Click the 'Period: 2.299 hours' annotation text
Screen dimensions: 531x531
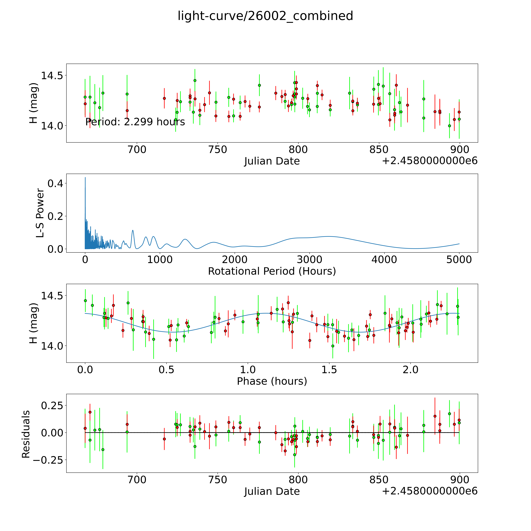(x=135, y=122)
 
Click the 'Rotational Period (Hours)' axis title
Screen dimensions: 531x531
(x=272, y=271)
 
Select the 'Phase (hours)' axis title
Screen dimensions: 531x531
(x=272, y=381)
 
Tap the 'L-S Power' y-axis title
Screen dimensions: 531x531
(x=40, y=213)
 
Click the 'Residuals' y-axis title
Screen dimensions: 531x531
(x=26, y=434)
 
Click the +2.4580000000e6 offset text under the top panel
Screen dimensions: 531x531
(x=430, y=161)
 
